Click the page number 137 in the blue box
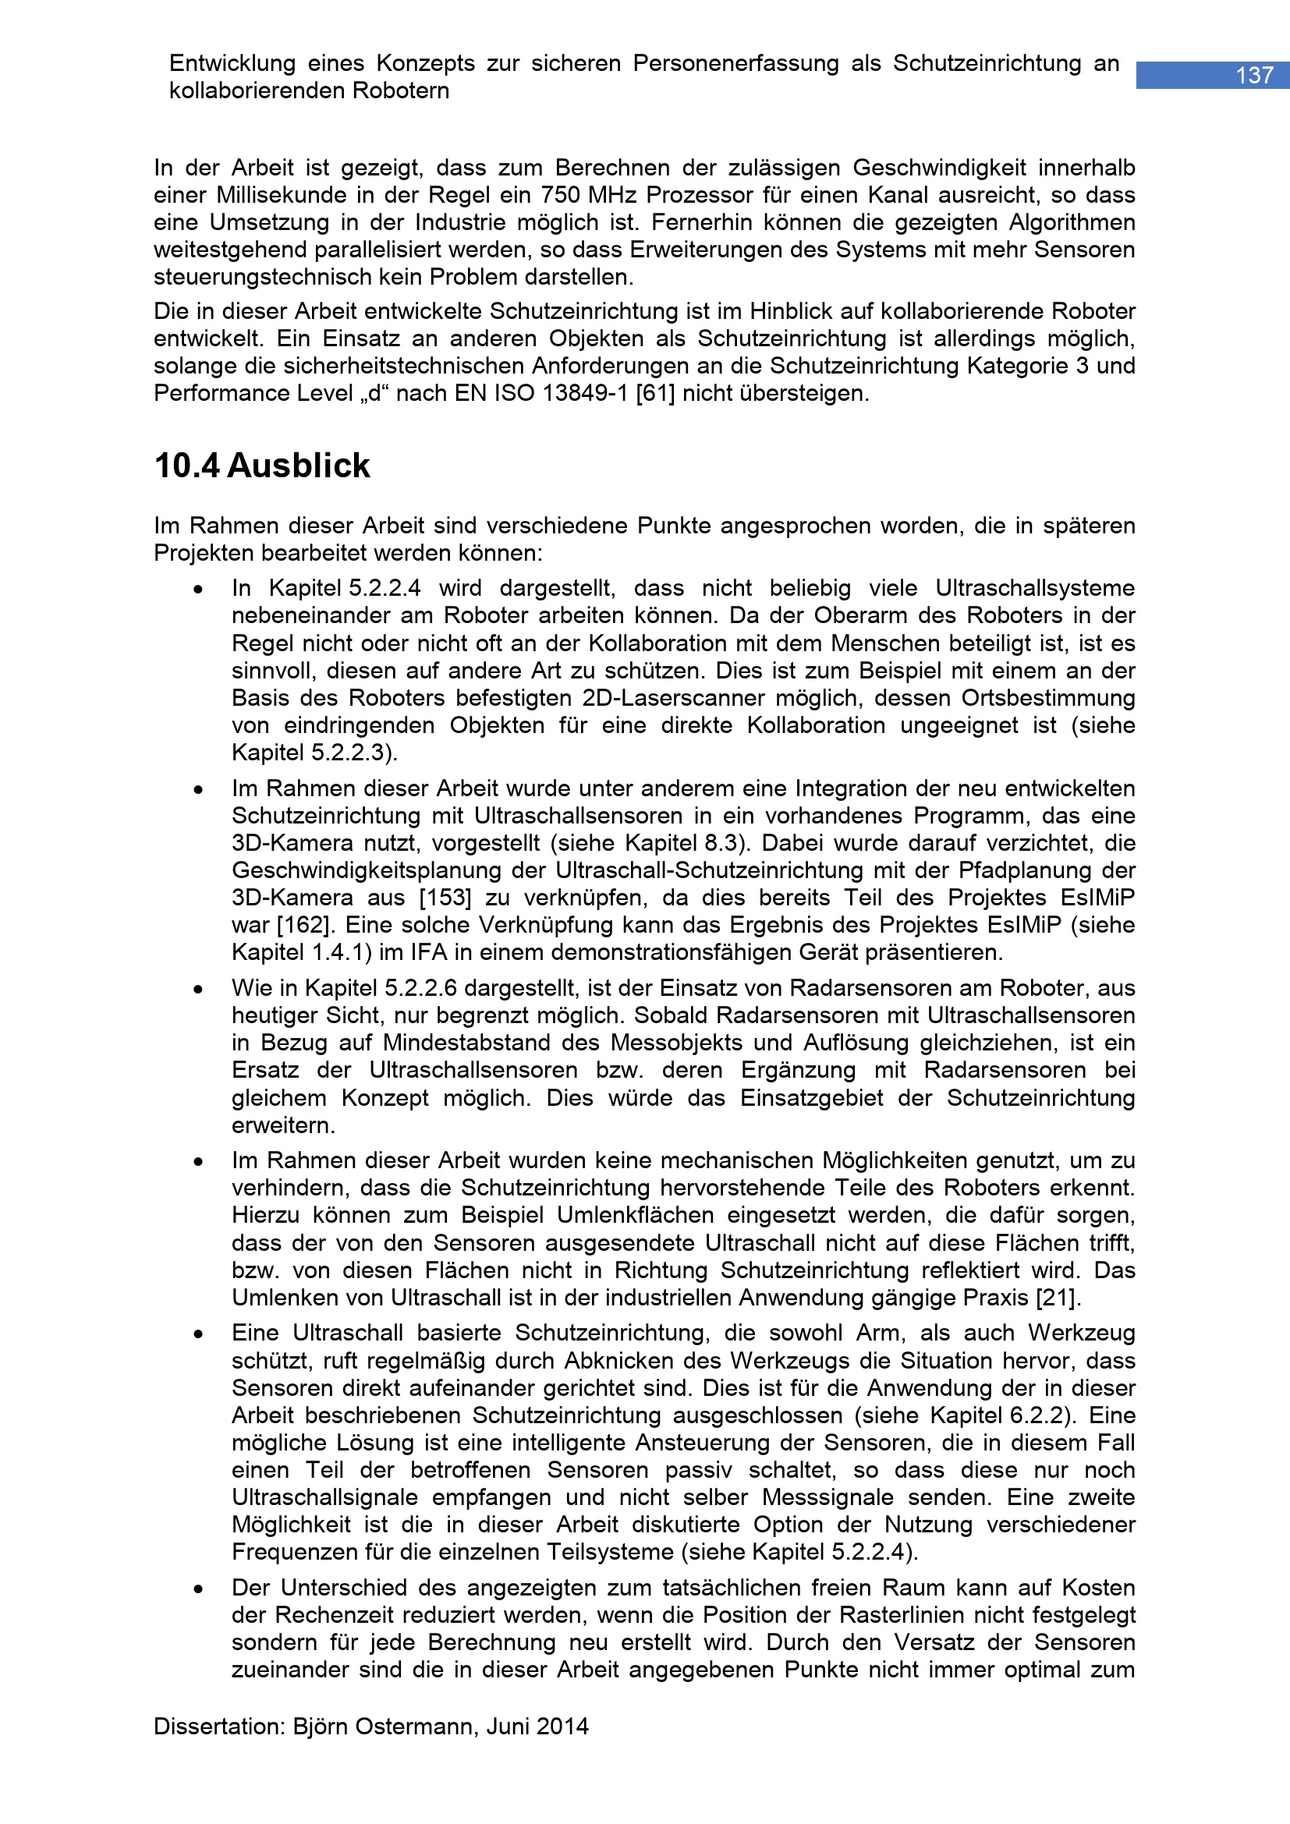click(1254, 76)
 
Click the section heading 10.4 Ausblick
click(262, 466)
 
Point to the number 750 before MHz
click(562, 196)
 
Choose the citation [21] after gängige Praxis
click(1058, 1298)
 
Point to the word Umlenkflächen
click(635, 1216)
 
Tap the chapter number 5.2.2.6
click(421, 988)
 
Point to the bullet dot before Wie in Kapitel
click(198, 990)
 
